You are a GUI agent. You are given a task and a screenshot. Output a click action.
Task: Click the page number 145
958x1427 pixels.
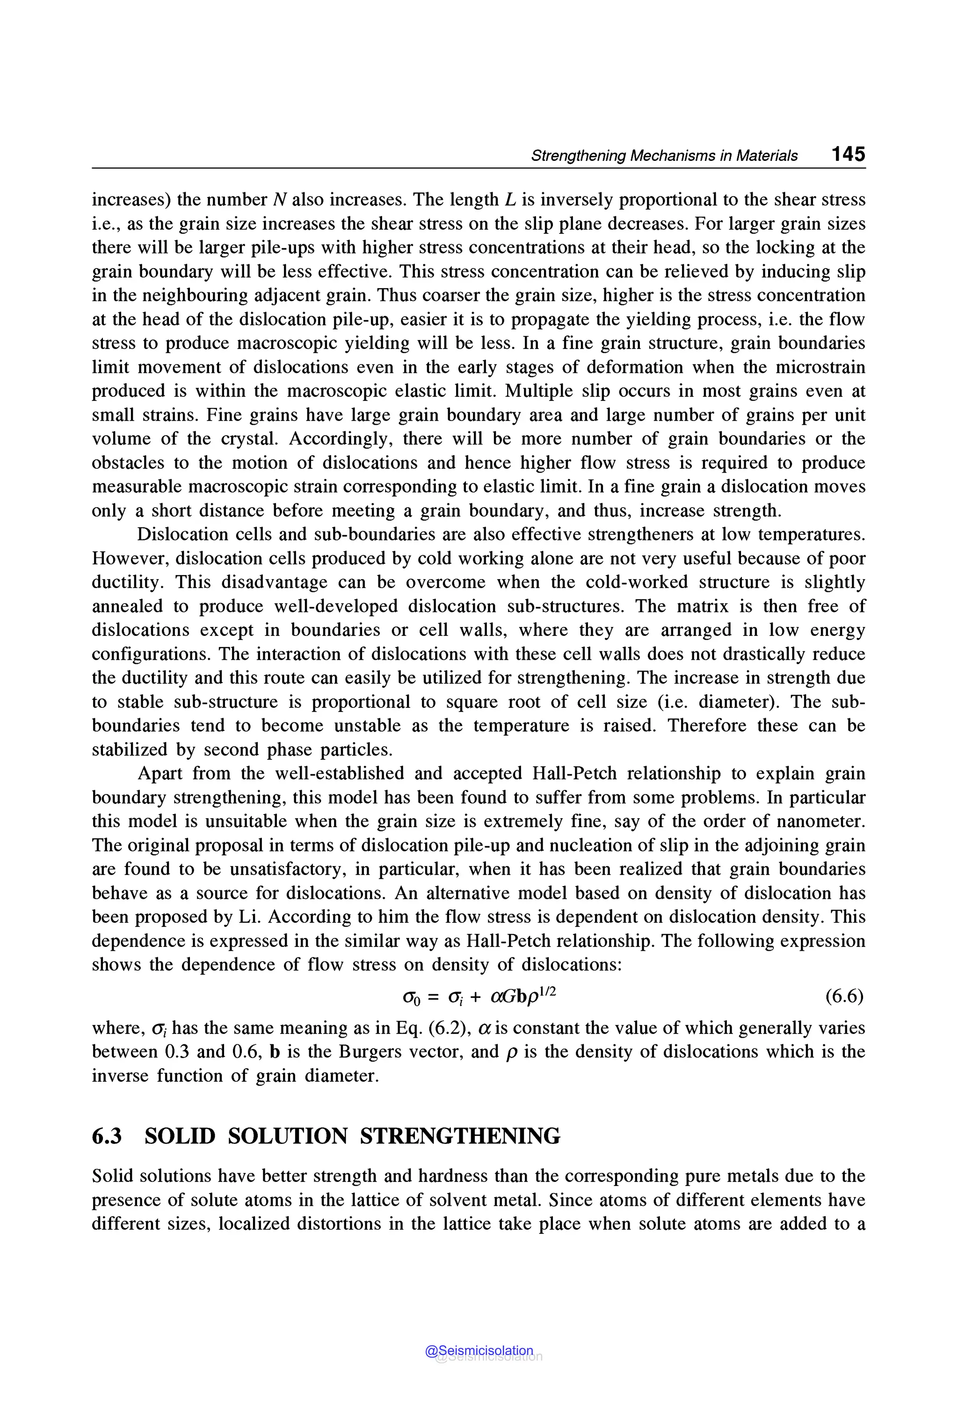click(x=848, y=154)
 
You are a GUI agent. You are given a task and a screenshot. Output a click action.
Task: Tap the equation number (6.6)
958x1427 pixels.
click(x=844, y=997)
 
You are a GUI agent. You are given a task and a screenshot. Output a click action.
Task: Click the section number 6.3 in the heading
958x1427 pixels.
click(x=107, y=1136)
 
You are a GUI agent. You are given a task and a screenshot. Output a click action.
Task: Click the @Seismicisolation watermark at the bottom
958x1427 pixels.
click(x=479, y=1351)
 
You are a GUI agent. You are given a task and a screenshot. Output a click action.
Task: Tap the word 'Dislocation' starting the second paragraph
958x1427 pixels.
click(x=174, y=534)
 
